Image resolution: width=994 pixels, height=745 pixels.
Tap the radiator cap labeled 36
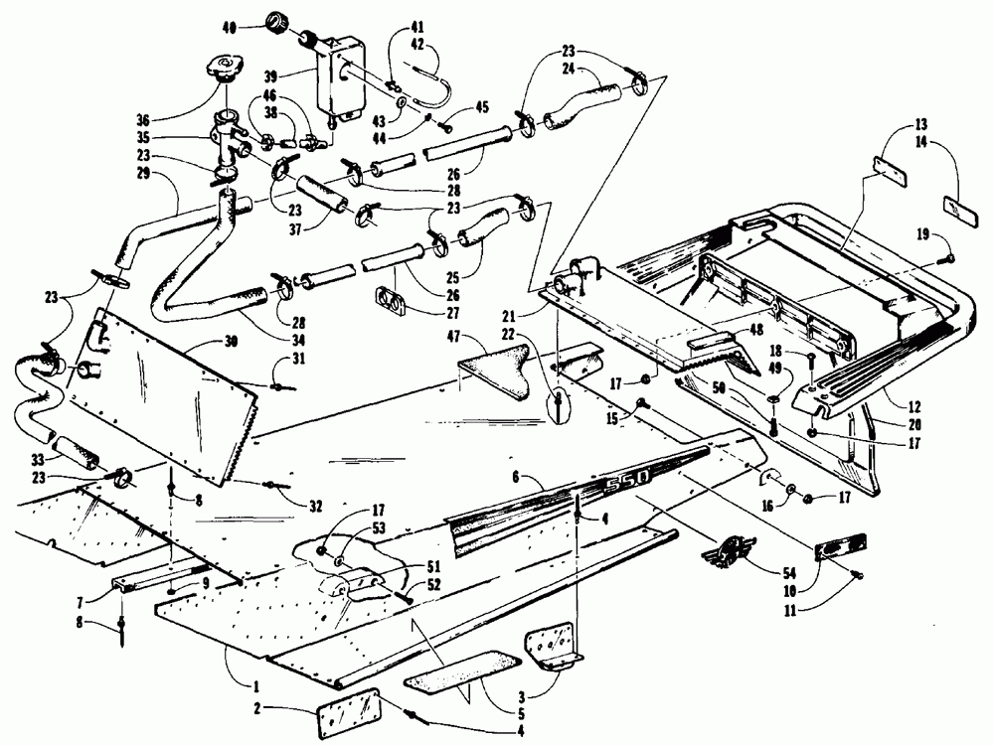pos(223,70)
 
